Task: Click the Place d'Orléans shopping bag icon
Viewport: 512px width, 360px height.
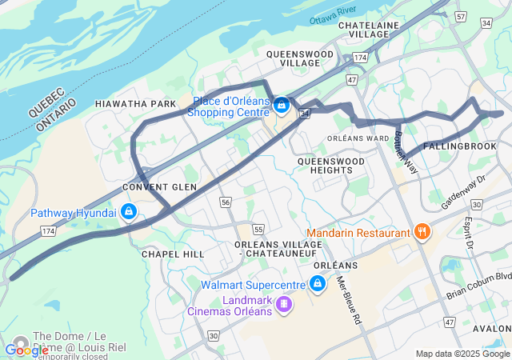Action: click(281, 105)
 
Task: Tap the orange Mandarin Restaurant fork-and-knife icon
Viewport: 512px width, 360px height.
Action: click(422, 233)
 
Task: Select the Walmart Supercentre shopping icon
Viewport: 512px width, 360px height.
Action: click(318, 284)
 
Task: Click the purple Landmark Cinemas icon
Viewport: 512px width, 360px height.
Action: click(283, 304)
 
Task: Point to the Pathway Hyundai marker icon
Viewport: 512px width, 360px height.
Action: click(129, 213)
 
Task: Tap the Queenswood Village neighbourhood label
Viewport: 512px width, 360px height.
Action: click(299, 58)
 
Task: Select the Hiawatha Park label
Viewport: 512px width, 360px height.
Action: click(134, 105)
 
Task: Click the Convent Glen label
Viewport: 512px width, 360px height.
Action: click(159, 187)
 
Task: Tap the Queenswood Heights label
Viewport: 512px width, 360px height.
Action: click(330, 166)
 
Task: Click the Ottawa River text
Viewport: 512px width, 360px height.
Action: click(332, 17)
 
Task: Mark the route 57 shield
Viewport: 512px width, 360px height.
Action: click(460, 16)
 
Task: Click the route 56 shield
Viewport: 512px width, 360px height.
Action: click(226, 202)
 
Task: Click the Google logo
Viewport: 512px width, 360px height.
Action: click(26, 350)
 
